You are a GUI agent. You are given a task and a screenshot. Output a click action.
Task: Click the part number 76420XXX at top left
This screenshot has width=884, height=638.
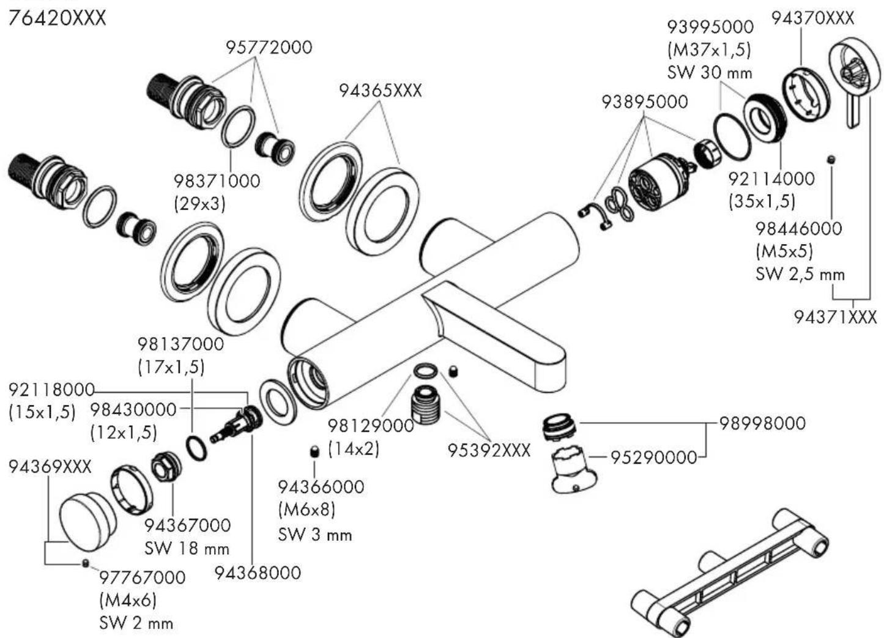57,18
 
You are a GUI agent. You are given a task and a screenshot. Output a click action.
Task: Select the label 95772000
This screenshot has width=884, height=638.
269,47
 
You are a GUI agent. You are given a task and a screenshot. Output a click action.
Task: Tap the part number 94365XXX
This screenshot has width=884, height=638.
381,91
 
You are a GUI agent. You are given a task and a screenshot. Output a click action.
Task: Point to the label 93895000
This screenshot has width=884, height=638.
644,102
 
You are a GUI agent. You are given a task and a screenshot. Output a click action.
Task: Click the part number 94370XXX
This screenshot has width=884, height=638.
812,18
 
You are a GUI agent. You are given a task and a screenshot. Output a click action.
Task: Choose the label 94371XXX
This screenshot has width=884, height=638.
835,317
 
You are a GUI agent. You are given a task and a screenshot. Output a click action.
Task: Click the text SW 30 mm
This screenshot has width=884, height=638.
710,72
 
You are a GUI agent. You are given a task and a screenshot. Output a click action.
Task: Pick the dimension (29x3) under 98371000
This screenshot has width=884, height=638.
199,203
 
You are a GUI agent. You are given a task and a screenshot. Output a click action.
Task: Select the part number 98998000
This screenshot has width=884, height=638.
762,423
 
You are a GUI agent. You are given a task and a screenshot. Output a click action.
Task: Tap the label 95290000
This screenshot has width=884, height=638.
653,457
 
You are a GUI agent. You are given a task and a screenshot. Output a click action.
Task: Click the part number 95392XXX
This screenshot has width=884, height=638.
489,450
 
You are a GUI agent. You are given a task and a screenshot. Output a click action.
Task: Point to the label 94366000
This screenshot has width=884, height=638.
321,487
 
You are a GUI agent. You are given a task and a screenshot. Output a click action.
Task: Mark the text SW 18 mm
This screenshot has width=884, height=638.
187,548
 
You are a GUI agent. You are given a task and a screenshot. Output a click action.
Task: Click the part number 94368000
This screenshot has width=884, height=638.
258,573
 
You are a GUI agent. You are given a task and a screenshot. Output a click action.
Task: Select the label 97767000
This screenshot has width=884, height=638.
142,577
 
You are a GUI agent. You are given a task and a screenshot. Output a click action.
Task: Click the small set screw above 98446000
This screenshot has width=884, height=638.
831,160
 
